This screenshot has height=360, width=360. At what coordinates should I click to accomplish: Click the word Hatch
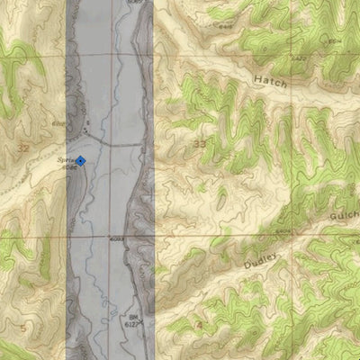(269, 82)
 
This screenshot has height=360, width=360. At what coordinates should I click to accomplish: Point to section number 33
(199, 143)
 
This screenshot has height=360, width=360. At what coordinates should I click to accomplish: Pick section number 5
(22, 328)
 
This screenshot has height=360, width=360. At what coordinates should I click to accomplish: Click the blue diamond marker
(80, 161)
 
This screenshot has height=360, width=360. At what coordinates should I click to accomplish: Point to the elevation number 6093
(115, 239)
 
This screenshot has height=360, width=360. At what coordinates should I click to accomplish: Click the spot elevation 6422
(299, 58)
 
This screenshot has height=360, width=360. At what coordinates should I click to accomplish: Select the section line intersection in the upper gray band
(99, 52)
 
